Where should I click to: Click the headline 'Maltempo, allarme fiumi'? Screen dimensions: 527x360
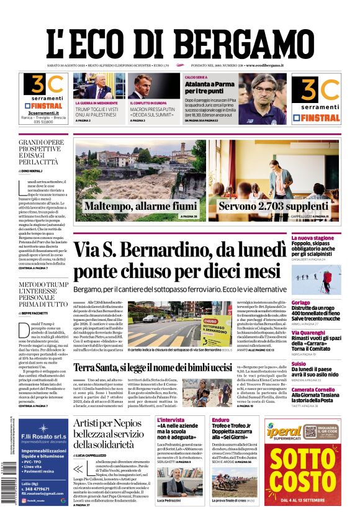coord(140,206)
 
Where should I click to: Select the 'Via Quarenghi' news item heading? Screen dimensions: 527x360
coord(325,332)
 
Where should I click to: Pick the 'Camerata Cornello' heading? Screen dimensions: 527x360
coord(330,390)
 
